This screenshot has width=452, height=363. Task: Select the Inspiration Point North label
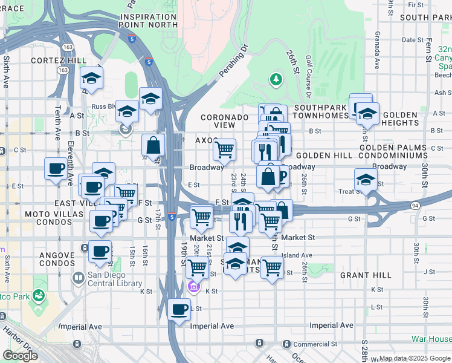pyautogui.click(x=151, y=20)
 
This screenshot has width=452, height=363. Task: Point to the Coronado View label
pyautogui.click(x=225, y=121)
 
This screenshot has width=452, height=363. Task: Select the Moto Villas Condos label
pyautogui.click(x=53, y=218)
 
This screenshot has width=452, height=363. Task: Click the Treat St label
pyautogui.click(x=349, y=191)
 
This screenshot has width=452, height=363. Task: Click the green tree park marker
pyautogui.click(x=276, y=79)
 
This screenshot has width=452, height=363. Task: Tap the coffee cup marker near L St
pyautogui.click(x=179, y=310)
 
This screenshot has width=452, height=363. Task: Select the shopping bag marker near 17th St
pyautogui.click(x=153, y=145)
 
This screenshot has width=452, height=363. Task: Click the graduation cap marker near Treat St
pyautogui.click(x=366, y=180)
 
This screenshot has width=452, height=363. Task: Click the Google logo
pyautogui.click(x=20, y=355)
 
